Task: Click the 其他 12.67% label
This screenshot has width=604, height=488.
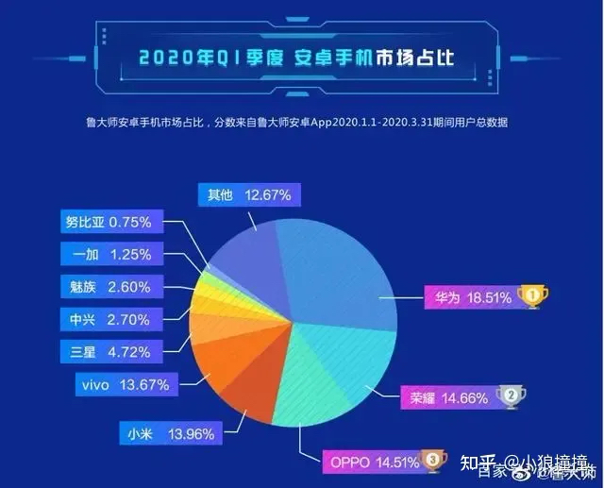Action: tap(249, 194)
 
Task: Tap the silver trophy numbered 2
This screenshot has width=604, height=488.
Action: tap(509, 396)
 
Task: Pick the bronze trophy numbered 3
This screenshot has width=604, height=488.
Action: tap(433, 461)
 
